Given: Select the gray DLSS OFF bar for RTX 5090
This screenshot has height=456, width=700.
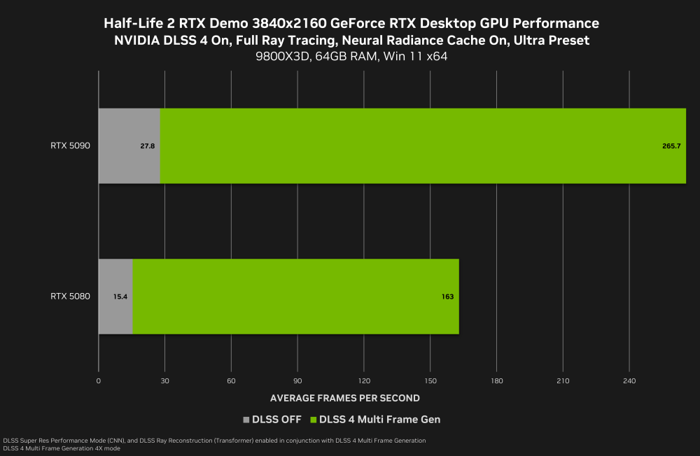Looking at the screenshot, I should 129,146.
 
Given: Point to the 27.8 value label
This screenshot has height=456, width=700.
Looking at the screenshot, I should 147,146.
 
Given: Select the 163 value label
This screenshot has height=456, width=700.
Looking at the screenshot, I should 447,297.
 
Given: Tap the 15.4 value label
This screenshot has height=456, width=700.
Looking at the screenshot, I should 120,297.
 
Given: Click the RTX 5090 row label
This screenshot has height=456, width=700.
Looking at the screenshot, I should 70,146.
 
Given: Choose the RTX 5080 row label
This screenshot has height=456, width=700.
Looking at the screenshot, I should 70,297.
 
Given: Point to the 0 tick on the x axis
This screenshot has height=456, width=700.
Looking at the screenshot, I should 98,381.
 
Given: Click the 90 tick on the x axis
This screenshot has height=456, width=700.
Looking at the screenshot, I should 297,381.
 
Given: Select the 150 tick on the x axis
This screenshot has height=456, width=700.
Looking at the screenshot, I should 430,381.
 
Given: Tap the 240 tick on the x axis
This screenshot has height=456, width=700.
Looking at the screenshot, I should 629,381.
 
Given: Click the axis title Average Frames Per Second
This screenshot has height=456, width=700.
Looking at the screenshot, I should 344,398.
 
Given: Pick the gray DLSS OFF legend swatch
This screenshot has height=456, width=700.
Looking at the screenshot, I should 246,420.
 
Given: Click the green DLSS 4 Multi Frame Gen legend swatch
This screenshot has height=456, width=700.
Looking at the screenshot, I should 313,420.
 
